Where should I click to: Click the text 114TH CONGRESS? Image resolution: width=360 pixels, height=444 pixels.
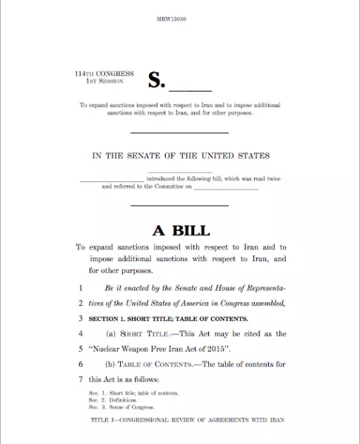[104, 74]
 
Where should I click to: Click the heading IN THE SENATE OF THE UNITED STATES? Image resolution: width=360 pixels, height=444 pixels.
[180, 156]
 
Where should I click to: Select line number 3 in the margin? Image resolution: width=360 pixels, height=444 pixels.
[80, 318]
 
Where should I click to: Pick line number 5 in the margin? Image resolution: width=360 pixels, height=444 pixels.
[80, 349]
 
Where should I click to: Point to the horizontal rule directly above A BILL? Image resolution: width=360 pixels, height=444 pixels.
[180, 205]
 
